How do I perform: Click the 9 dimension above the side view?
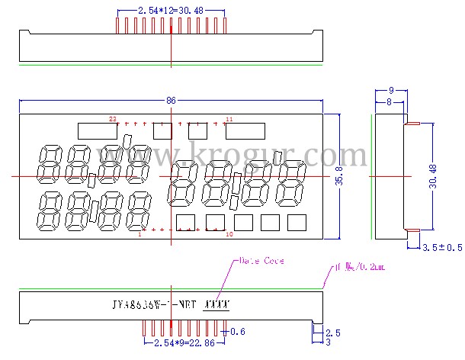(x=390, y=90)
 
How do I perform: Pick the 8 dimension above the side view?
(x=390, y=101)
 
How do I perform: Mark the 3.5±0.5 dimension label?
(x=442, y=248)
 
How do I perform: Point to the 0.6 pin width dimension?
(x=239, y=331)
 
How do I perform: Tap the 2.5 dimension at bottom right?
(x=333, y=333)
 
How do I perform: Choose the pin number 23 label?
(x=112, y=120)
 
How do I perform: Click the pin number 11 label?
(x=229, y=120)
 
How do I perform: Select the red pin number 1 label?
(x=139, y=234)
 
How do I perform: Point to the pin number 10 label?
(x=229, y=234)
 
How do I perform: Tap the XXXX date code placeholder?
(x=217, y=304)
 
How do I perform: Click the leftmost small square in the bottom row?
(x=186, y=222)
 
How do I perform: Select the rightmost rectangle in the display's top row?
(x=245, y=131)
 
